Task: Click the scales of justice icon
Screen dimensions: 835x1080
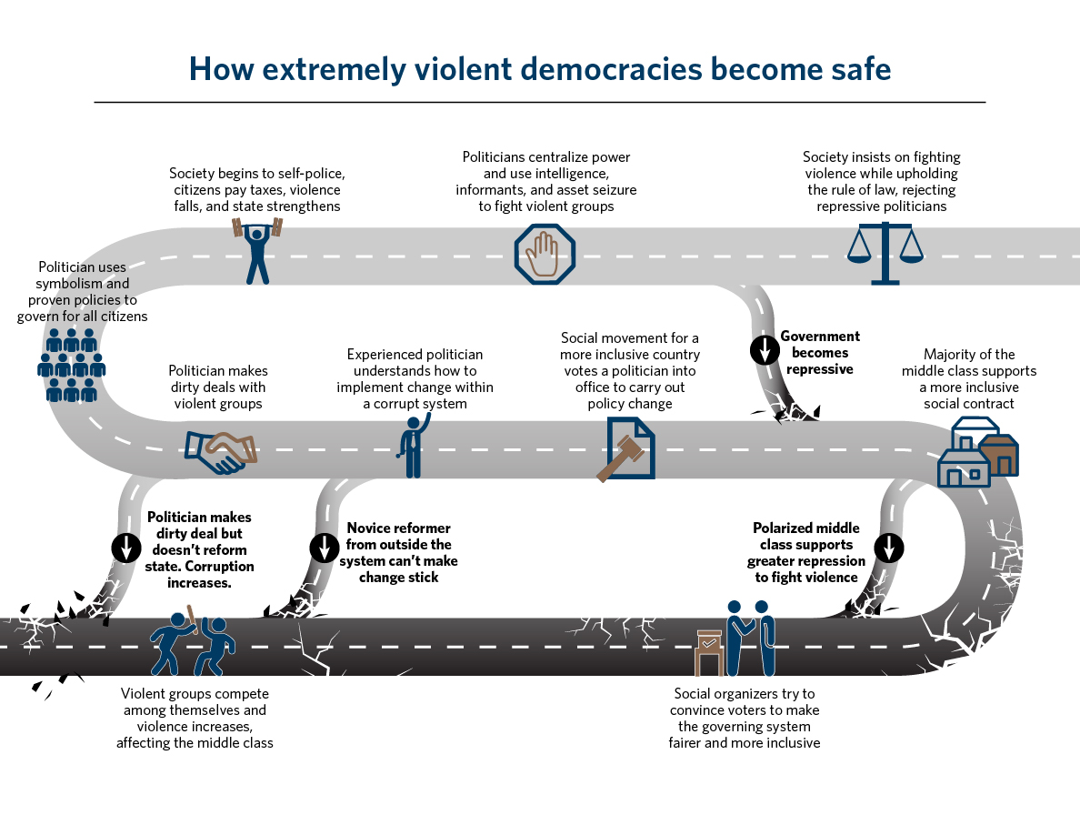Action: [x=884, y=256]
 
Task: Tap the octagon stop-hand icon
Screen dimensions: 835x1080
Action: [x=545, y=253]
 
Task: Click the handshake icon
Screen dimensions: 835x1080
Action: [x=221, y=450]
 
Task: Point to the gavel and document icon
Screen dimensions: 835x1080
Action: [x=626, y=449]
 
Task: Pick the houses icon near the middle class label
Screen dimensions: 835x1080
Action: [x=977, y=452]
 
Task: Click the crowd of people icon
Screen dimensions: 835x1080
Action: [x=72, y=365]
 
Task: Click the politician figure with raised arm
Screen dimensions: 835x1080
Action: [x=414, y=446]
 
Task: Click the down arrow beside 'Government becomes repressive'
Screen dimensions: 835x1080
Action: [x=765, y=350]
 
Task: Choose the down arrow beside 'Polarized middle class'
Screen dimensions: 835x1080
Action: [x=889, y=547]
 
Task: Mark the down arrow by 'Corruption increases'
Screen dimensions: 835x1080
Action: [x=125, y=547]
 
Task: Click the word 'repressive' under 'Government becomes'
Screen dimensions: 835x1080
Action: [x=819, y=369]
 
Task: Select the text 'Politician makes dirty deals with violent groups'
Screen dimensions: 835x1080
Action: [x=217, y=387]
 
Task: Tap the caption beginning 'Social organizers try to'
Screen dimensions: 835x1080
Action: [x=744, y=718]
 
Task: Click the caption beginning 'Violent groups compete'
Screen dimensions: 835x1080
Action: [x=194, y=718]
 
